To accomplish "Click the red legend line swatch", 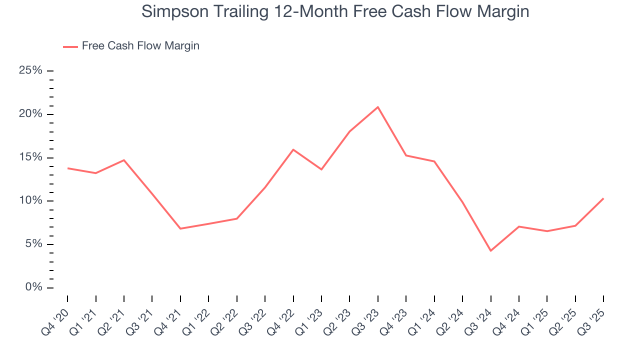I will tap(70, 46).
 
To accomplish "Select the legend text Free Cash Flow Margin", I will tap(140, 46).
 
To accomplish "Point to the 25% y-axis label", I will tap(30, 70).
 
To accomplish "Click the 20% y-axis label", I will tap(30, 114).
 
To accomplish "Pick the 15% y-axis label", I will tap(30, 157).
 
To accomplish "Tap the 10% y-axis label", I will tap(30, 201).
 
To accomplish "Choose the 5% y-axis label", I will tap(33, 244).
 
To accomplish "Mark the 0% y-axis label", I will tap(33, 288).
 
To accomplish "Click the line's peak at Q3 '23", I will tap(378, 107).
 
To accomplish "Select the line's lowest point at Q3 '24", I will tap(491, 250).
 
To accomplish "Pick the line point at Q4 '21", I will tap(180, 228).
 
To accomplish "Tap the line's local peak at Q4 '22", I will tap(293, 149).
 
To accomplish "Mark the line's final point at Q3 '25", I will tap(603, 198).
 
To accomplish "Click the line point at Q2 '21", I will tap(124, 160).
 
